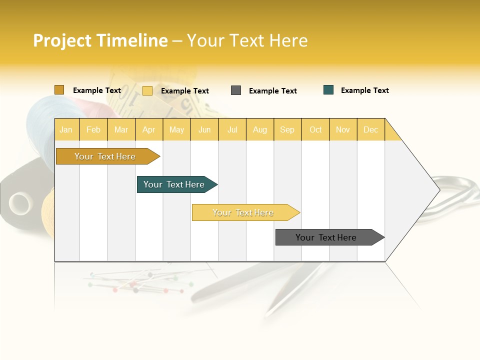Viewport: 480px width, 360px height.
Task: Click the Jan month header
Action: [x=66, y=129]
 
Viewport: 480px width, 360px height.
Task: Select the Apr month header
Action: [x=149, y=129]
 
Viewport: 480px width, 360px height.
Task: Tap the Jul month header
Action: [x=232, y=129]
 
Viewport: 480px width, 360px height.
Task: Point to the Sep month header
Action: [x=287, y=129]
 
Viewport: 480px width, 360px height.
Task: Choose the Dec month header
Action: [x=370, y=129]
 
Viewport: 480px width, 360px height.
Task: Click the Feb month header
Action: [x=93, y=129]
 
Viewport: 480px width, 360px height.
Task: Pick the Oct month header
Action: [x=315, y=129]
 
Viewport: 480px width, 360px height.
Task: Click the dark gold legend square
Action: [x=59, y=90]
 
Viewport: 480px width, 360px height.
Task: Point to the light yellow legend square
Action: [x=147, y=90]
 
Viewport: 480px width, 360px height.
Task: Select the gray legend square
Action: [x=236, y=90]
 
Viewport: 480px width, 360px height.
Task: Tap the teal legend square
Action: [x=328, y=90]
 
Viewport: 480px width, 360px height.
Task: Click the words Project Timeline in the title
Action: [x=100, y=40]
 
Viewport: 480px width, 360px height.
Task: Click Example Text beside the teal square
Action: [x=364, y=90]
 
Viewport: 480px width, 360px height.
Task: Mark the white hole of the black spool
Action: [x=20, y=203]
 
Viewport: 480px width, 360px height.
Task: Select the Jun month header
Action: [x=204, y=129]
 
